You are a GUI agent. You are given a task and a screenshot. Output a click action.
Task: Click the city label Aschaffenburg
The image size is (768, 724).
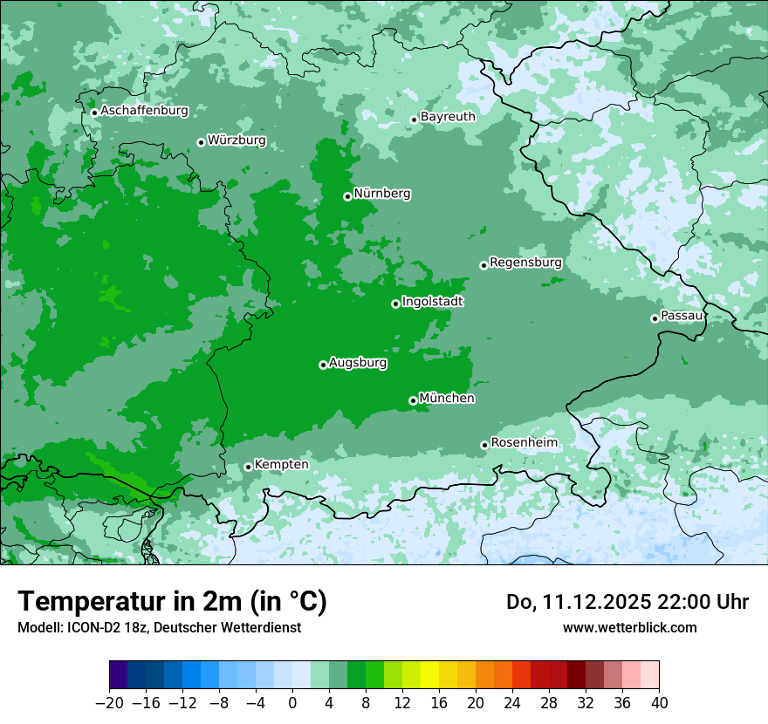click(144, 111)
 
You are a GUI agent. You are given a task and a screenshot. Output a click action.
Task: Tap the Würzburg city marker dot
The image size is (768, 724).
click(201, 142)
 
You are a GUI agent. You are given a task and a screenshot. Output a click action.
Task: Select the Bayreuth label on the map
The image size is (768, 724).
click(448, 117)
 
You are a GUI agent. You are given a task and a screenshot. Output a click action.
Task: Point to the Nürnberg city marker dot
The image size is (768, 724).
click(347, 196)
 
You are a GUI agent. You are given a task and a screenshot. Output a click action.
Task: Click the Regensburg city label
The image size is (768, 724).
click(525, 263)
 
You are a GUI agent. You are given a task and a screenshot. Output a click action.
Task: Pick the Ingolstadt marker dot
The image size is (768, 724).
click(395, 304)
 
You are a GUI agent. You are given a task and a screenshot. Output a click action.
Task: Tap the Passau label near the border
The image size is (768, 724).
click(682, 316)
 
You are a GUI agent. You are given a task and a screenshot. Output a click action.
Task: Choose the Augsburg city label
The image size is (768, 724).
click(358, 363)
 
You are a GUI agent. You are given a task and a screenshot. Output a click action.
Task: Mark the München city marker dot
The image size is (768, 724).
click(413, 400)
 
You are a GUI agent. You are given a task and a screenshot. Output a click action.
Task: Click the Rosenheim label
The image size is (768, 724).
click(524, 443)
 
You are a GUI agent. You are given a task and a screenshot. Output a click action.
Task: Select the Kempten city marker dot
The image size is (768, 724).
click(248, 467)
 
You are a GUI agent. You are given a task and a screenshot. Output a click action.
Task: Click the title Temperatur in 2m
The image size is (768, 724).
click(172, 602)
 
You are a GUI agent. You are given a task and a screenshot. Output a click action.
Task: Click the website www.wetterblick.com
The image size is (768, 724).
click(629, 628)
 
